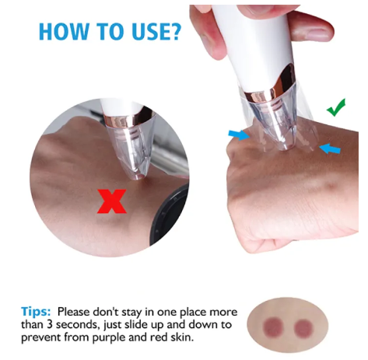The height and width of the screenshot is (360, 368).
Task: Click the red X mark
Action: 112,201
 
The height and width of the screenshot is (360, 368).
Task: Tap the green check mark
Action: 336,108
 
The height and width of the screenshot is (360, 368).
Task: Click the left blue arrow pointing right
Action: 239,135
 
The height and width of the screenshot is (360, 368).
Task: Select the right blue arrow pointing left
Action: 330,149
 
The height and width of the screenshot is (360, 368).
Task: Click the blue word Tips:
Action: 36,311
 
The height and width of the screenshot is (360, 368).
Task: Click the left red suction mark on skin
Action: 273,327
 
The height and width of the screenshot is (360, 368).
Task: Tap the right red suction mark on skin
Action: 303,328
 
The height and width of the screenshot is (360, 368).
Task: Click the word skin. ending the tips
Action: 182,337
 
